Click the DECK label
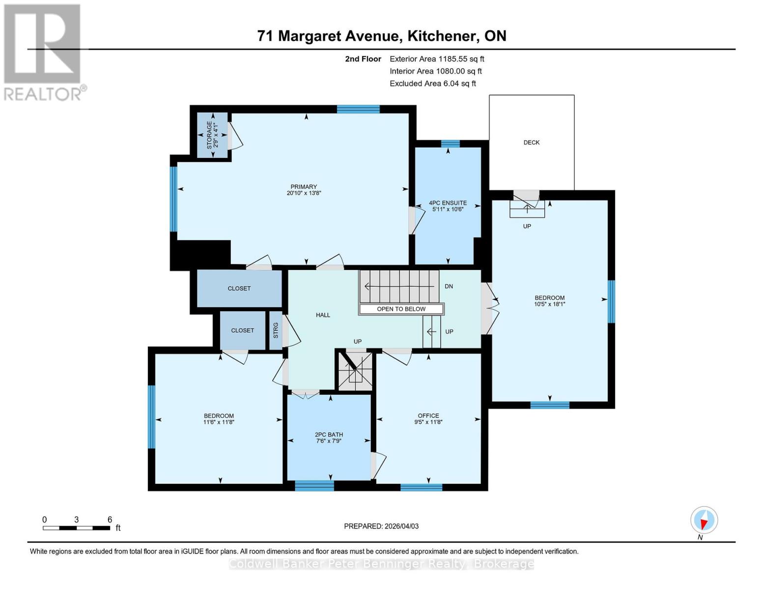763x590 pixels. (531, 143)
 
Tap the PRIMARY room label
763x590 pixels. (304, 187)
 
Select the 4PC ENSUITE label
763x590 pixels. (448, 203)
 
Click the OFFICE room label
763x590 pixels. (428, 415)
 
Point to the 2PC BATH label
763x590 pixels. (329, 435)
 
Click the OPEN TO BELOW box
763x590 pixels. (401, 309)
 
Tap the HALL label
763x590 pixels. (323, 315)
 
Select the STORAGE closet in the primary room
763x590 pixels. (212, 136)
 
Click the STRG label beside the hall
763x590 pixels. (276, 330)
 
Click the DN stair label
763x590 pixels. (449, 286)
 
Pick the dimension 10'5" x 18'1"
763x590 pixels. (550, 304)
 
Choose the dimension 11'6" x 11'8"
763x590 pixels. (219, 422)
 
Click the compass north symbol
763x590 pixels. (704, 520)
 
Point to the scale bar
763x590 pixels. (77, 528)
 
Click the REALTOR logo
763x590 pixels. (43, 52)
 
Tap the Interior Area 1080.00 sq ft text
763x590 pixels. (435, 71)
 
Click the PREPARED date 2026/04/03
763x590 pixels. (381, 526)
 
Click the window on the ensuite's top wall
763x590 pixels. (450, 144)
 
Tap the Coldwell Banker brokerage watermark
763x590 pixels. (381, 564)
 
